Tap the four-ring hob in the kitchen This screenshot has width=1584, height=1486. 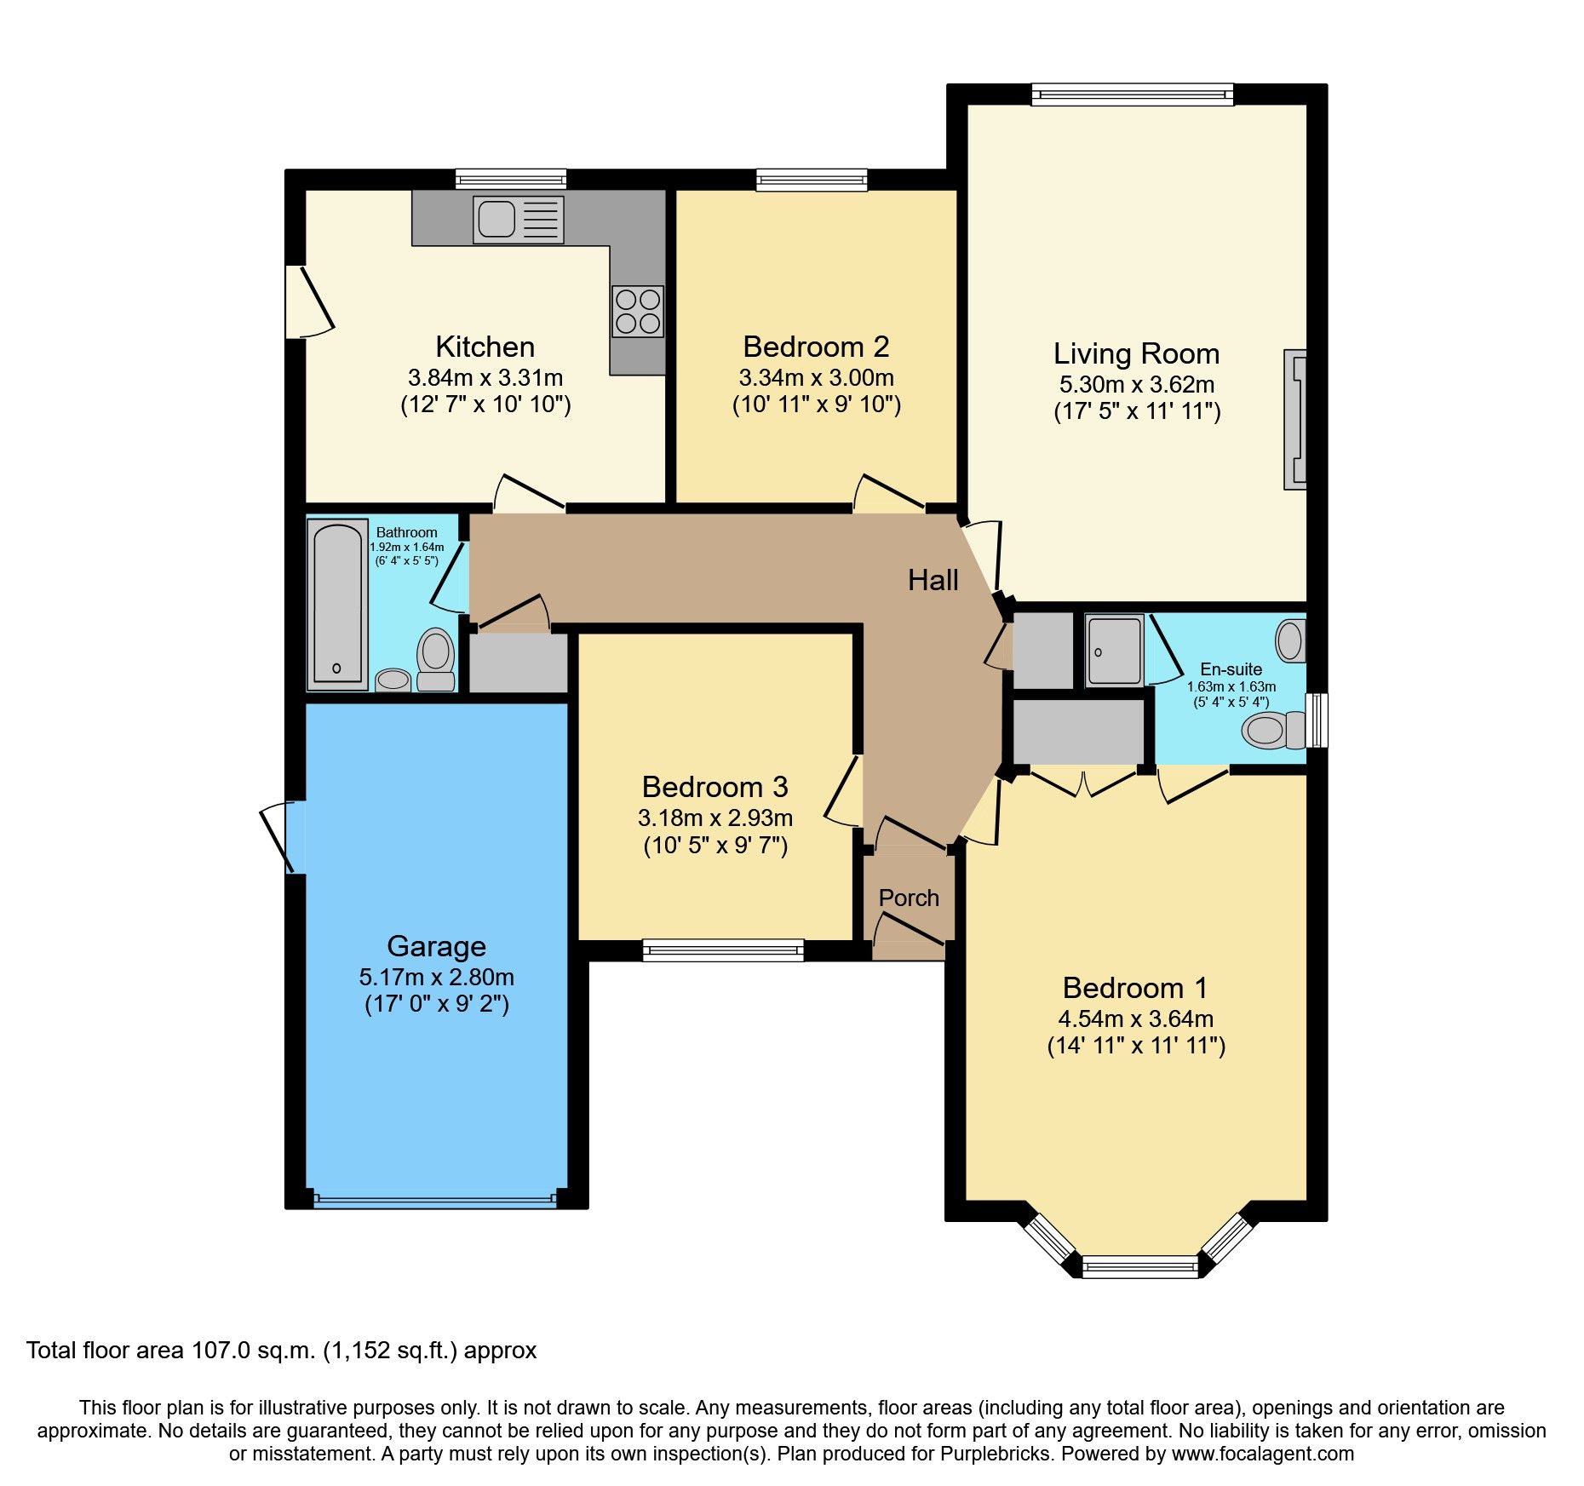click(637, 311)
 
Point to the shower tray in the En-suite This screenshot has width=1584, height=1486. click(1114, 651)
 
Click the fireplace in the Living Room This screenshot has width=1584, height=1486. click(1295, 419)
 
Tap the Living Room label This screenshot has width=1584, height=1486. click(1136, 353)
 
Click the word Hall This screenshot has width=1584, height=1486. click(933, 581)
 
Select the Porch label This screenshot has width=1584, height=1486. click(909, 898)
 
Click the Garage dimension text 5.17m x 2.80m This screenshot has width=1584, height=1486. click(436, 977)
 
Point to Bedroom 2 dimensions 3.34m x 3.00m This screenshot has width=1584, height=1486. click(816, 377)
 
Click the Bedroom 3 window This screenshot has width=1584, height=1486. click(722, 950)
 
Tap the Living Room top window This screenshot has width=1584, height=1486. click(1132, 94)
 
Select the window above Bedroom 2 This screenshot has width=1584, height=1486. click(812, 179)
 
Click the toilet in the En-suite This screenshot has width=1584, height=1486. click(1272, 731)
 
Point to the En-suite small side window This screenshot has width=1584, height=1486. click(1317, 720)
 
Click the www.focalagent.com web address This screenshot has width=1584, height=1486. click(1262, 1454)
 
